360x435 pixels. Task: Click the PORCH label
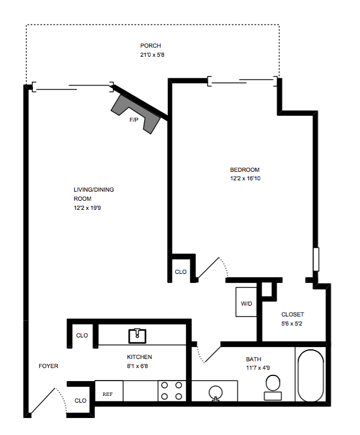tap(150, 45)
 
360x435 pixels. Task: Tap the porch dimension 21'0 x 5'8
tap(152, 54)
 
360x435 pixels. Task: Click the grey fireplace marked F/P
tap(135, 113)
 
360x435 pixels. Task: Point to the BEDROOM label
tap(244, 170)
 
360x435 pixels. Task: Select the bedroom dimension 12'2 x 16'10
tap(245, 179)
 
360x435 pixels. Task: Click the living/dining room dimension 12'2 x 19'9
tap(87, 208)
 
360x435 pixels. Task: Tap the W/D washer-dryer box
tap(246, 302)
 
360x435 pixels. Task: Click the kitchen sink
tap(137, 336)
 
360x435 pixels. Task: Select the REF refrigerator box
tap(109, 391)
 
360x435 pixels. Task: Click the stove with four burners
tap(172, 391)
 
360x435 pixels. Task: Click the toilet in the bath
tap(273, 387)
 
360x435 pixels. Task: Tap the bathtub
tap(311, 375)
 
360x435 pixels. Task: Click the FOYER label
tap(49, 366)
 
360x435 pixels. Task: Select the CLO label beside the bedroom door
tap(180, 272)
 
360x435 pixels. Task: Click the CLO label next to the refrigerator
tap(81, 400)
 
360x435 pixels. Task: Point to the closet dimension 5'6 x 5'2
tap(291, 323)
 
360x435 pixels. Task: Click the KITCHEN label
tap(139, 357)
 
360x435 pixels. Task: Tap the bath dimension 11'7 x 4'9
tap(258, 368)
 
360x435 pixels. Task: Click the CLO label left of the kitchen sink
tap(82, 335)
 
